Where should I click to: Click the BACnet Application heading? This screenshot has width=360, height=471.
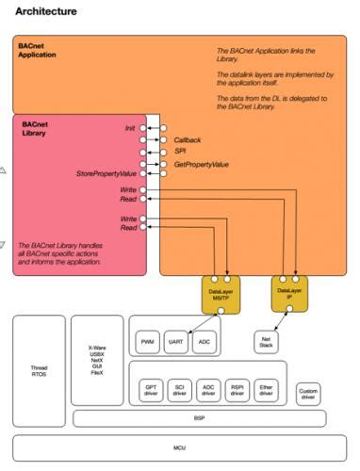(x=39, y=49)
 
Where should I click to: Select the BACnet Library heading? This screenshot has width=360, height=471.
(x=37, y=130)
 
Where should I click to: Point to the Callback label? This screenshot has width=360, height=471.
(x=188, y=140)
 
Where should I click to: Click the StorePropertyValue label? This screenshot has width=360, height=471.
(x=106, y=174)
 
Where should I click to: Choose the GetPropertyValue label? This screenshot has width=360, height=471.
(x=202, y=164)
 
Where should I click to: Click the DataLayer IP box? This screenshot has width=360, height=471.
(x=289, y=295)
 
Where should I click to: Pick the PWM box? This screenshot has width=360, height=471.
(x=148, y=340)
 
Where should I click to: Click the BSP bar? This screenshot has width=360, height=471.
(x=199, y=417)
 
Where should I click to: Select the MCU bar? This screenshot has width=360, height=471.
(x=178, y=448)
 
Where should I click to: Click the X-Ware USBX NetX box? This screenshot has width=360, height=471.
(x=96, y=359)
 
